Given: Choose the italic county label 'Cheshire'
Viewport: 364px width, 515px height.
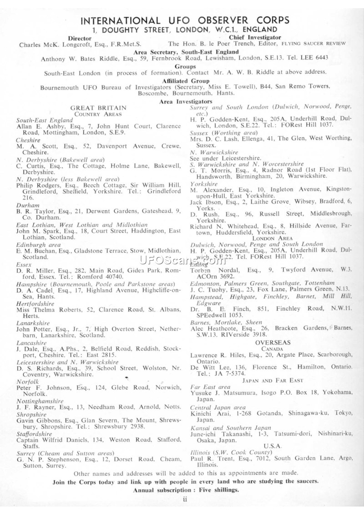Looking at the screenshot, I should (x=28, y=141).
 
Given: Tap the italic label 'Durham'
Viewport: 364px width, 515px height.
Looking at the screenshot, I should (x=26, y=205).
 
